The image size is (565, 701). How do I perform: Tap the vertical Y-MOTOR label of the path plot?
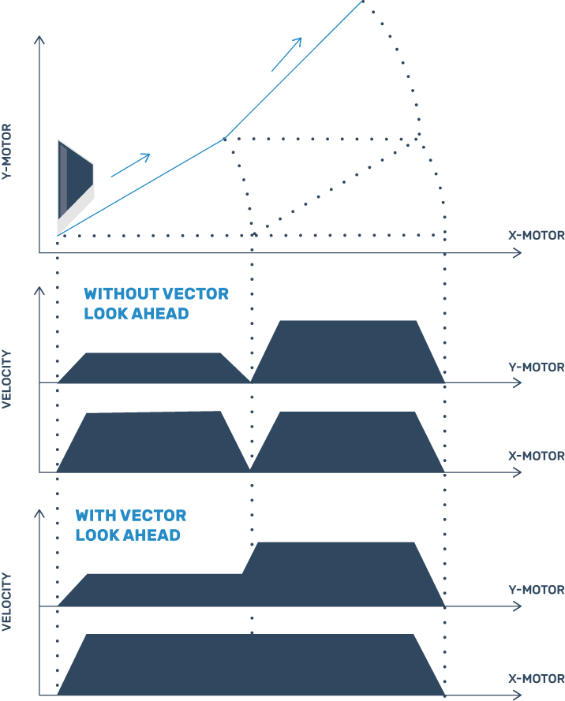tap(6, 152)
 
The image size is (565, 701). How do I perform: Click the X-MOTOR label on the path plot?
tap(537, 236)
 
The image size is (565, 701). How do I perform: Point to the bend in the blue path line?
tap(225, 139)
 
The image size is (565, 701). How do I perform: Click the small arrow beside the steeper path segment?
tap(286, 54)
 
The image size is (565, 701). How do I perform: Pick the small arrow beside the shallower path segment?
tap(131, 165)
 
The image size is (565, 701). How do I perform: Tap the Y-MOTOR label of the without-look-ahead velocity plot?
tap(537, 367)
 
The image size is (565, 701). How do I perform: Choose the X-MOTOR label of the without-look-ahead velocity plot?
tap(537, 456)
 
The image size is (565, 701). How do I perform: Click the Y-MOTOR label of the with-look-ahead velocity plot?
tap(537, 590)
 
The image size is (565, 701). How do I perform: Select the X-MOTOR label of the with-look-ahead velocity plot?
tap(537, 679)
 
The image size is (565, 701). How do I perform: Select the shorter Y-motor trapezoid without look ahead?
tap(153, 368)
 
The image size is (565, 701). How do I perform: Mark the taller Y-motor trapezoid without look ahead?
tap(347, 352)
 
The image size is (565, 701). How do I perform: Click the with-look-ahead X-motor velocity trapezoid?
tap(250, 665)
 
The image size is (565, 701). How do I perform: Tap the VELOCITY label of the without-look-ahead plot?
tap(6, 379)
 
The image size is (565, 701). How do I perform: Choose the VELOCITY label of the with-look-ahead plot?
tap(6, 602)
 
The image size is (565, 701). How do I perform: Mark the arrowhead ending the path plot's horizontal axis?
tap(518, 253)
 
